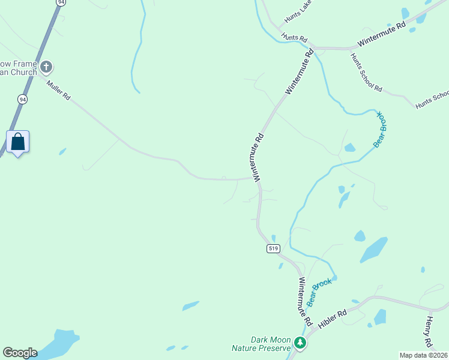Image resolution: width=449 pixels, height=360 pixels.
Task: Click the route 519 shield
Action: (274, 248)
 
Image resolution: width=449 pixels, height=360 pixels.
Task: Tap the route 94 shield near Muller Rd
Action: (22, 99)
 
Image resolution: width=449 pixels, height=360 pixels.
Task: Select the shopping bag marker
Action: (18, 142)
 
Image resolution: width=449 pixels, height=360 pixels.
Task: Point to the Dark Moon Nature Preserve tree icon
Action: (300, 343)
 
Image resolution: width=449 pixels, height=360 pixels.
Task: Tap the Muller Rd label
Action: (59, 89)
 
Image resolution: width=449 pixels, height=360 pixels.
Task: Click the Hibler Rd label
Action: (333, 318)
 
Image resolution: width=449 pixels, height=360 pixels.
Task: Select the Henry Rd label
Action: (429, 332)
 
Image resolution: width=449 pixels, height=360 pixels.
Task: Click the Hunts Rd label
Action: (290, 37)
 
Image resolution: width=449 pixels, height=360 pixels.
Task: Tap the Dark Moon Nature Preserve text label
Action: (262, 343)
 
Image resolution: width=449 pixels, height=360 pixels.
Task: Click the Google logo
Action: (20, 353)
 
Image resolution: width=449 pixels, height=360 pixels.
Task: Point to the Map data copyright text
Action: (423, 355)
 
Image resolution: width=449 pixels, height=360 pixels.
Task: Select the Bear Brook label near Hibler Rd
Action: (319, 292)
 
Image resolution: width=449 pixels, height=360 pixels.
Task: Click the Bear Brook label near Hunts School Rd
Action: (381, 128)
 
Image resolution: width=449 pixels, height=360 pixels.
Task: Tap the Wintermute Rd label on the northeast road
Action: (382, 35)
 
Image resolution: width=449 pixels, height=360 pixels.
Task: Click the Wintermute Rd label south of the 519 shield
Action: (305, 302)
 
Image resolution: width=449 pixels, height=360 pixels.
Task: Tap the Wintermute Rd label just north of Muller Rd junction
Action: (259, 157)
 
